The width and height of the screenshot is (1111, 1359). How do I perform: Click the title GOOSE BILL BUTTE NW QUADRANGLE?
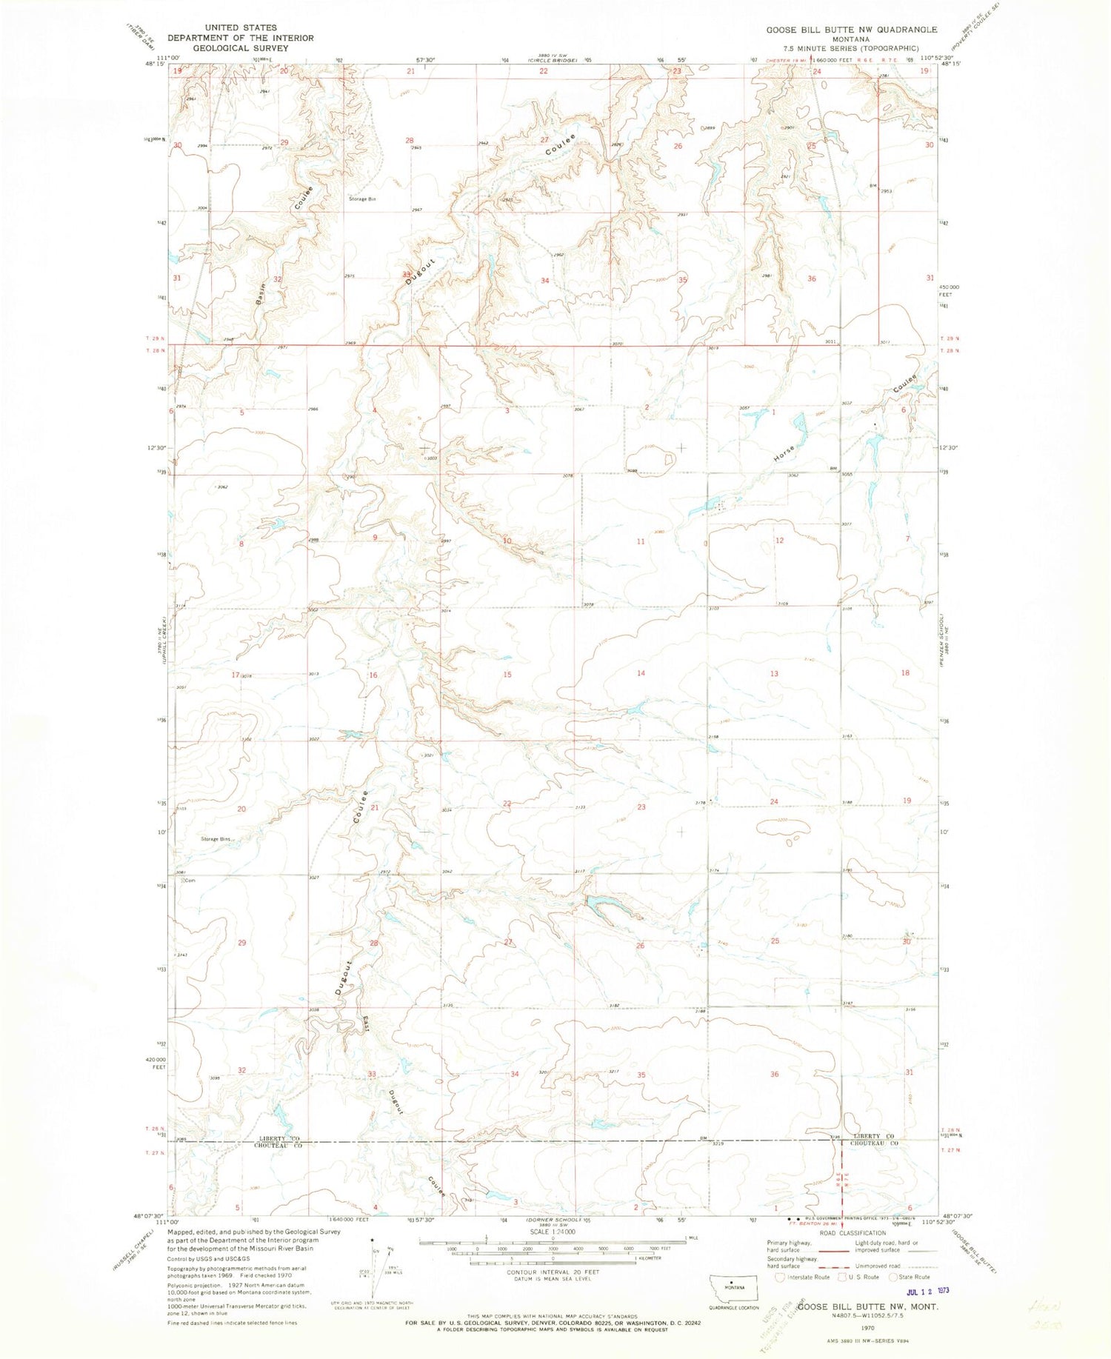click(851, 30)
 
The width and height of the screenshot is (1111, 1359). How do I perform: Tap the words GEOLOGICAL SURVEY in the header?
click(240, 48)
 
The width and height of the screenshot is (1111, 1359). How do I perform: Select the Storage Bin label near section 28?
click(362, 199)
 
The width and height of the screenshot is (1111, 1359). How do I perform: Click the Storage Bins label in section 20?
click(216, 839)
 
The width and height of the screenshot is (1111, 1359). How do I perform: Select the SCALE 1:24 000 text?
click(553, 1232)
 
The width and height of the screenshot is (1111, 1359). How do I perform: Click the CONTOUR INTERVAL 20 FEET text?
click(553, 1272)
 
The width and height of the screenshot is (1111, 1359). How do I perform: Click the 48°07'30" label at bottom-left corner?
click(148, 1217)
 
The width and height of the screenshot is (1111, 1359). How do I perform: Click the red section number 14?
click(641, 673)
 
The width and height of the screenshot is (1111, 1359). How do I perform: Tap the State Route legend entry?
click(912, 1277)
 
